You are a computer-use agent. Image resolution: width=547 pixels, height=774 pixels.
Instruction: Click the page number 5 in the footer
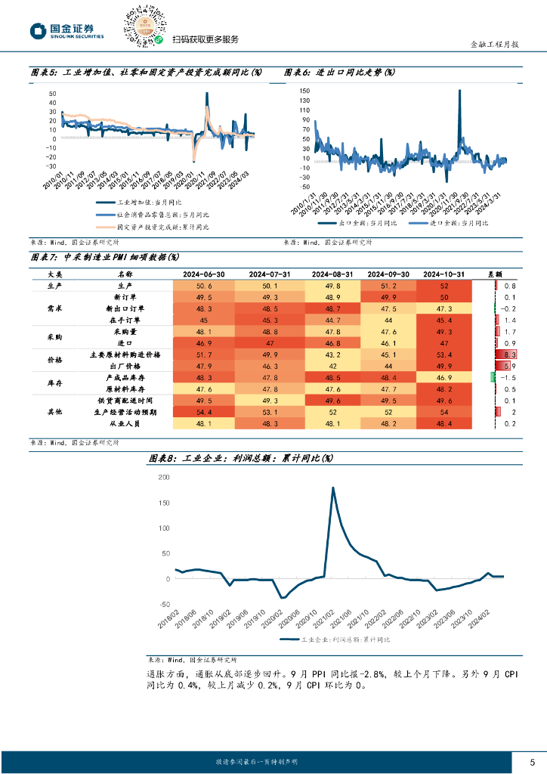pos(533,761)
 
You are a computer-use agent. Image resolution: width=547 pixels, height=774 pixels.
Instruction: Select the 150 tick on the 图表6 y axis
pos(305,91)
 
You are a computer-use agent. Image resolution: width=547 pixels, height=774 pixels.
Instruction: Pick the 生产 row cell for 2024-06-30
pos(204,286)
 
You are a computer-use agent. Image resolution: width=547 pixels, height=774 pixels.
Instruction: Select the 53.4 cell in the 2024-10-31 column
pos(443,354)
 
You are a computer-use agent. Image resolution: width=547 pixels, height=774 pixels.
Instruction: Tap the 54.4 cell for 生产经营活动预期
pos(204,412)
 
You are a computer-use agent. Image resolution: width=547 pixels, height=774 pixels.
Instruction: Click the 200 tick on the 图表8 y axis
pos(163,478)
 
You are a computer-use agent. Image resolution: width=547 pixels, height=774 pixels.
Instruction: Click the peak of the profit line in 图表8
pos(333,488)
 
